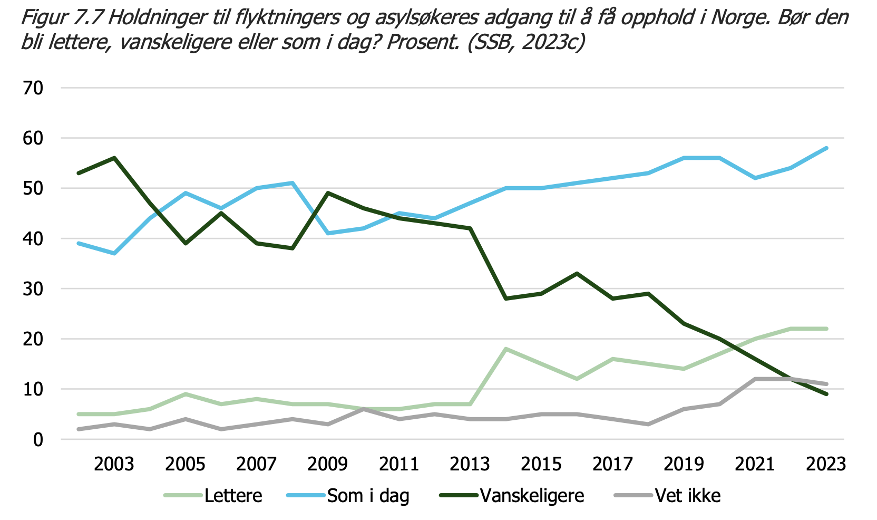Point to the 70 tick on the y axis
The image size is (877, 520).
[x=33, y=88]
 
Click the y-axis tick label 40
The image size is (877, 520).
[x=33, y=239]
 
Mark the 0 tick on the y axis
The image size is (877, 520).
[x=38, y=440]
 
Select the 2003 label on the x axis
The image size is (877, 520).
[x=114, y=464]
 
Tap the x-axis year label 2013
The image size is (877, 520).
[x=470, y=464]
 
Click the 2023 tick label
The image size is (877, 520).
[x=826, y=464]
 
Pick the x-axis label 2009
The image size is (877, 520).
[x=327, y=464]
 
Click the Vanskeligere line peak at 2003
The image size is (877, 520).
[x=114, y=158]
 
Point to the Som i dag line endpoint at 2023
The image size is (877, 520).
[x=826, y=148]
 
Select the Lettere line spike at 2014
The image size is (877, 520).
[x=506, y=349]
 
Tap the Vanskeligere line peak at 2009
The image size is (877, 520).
[x=328, y=193]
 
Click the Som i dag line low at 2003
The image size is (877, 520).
[x=114, y=254]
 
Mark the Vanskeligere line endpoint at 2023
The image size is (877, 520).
[x=826, y=394]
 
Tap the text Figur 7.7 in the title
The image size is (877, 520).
[x=62, y=18]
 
